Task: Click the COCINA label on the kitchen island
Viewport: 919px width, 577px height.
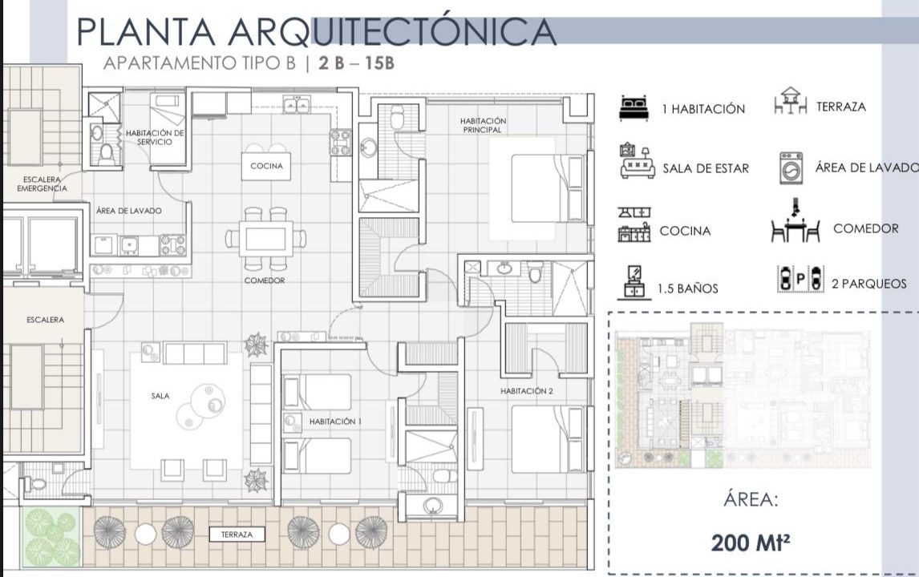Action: coord(267,166)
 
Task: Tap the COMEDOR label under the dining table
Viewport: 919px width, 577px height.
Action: coord(265,280)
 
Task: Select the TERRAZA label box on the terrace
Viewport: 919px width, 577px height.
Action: coord(237,535)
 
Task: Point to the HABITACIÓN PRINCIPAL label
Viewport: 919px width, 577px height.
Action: coord(483,125)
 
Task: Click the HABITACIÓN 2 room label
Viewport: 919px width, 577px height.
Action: coord(526,391)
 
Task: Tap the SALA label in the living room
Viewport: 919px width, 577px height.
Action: coord(160,396)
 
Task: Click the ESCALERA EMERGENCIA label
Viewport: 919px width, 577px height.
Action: coord(42,184)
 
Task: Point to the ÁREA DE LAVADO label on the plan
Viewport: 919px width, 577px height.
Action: coord(129,211)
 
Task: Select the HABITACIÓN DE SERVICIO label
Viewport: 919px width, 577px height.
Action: coord(155,138)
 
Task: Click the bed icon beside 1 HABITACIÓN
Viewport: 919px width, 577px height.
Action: coord(634,108)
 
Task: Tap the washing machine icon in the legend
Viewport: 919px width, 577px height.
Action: coord(791,167)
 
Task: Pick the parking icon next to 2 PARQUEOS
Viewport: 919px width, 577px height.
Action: coord(800,279)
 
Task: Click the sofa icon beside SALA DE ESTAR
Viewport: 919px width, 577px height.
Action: coord(637,161)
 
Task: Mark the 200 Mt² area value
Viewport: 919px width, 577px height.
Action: coord(751,543)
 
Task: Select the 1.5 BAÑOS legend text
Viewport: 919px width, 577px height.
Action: coord(687,288)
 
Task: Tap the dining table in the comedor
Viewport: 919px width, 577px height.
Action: coord(265,238)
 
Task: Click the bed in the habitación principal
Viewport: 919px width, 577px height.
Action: coord(548,188)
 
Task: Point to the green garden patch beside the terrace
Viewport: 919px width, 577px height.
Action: coord(51,537)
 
